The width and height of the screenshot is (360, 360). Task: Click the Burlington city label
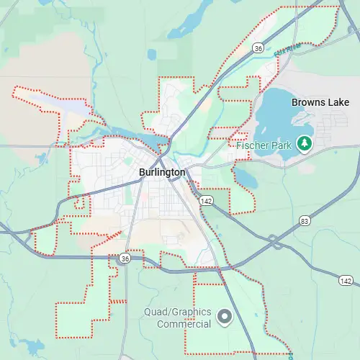[162, 173]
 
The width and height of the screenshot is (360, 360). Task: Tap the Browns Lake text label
[320, 102]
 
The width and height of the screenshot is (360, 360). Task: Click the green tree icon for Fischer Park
[305, 144]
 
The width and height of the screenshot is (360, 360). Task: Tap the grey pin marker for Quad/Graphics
[225, 315]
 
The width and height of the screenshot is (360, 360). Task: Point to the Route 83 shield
[306, 220]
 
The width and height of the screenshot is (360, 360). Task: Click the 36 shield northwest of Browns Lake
[257, 47]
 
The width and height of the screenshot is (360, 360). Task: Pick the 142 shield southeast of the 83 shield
[346, 280]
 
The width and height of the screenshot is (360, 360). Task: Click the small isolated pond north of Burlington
[152, 55]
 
